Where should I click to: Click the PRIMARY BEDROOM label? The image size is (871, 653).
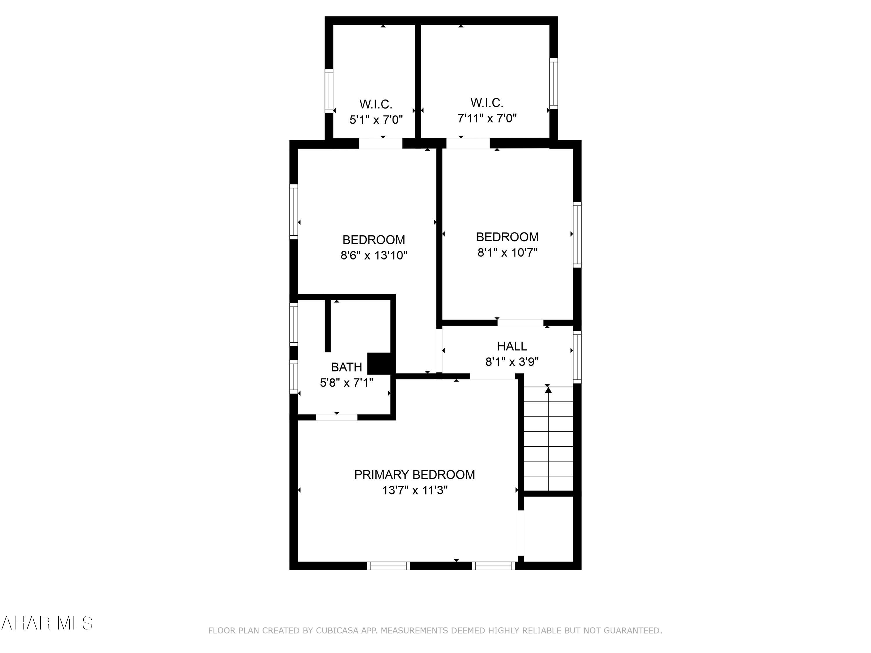[x=414, y=475]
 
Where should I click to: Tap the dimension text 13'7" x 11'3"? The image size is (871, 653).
[x=415, y=490]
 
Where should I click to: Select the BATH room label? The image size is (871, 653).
[x=346, y=367]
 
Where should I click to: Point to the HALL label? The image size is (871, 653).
[x=512, y=346]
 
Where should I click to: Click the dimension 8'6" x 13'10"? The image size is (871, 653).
[x=374, y=255]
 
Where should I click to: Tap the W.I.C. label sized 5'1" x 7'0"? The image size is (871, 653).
[x=376, y=104]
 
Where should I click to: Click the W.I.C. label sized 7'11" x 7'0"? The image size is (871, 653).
[x=487, y=103]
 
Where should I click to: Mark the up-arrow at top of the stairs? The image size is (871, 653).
[x=548, y=390]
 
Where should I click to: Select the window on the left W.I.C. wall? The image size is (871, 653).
[x=329, y=91]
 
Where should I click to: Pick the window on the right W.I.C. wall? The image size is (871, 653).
[x=553, y=84]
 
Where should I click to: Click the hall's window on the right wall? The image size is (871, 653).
[x=577, y=357]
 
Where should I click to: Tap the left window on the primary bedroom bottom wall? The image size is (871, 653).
[x=388, y=566]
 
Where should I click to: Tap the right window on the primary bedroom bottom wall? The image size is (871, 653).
[x=493, y=566]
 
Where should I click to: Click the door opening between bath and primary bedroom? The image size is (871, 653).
[x=337, y=417]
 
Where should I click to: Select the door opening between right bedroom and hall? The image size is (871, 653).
[x=520, y=323]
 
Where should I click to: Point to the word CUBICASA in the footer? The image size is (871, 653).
[x=337, y=631]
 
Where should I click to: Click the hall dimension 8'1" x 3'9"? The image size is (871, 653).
[x=512, y=362]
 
